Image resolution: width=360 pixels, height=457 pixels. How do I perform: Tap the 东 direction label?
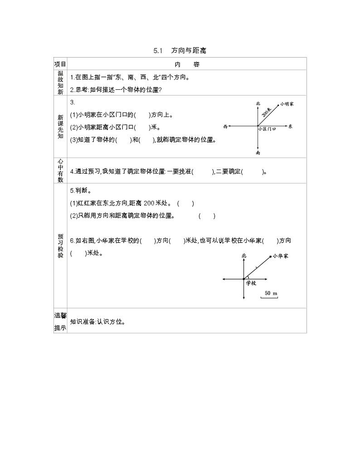pos(290,126)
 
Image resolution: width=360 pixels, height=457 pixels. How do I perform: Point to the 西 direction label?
pos(225,126)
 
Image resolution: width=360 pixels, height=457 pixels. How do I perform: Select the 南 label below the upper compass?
pos(258,153)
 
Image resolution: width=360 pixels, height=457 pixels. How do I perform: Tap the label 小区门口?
pos(267,129)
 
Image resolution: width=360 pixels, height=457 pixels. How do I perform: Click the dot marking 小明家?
pos(277,104)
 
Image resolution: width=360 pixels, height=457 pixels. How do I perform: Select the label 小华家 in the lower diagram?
pos(281,256)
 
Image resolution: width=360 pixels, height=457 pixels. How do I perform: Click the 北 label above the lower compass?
pos(244,256)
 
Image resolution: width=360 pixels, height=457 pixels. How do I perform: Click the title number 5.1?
pos(158,51)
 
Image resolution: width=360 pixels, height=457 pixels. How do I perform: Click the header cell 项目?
pos(60,64)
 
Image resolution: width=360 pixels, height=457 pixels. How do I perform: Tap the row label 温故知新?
pos(60,83)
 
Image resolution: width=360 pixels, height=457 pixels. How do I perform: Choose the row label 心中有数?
pos(60,171)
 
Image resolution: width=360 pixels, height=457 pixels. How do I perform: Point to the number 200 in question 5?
pos(150,204)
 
